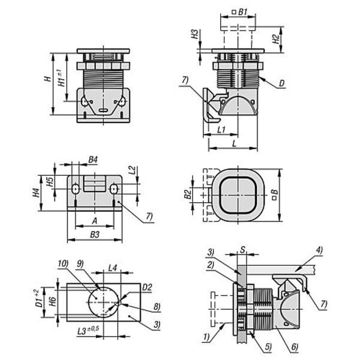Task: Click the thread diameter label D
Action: click(x=281, y=85)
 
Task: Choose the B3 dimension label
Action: click(x=94, y=235)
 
